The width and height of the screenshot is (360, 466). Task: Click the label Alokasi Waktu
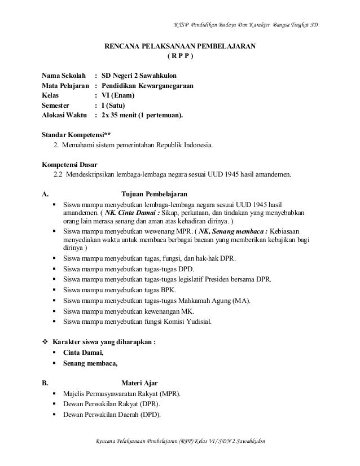65,116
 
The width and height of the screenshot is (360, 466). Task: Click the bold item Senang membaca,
91,363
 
